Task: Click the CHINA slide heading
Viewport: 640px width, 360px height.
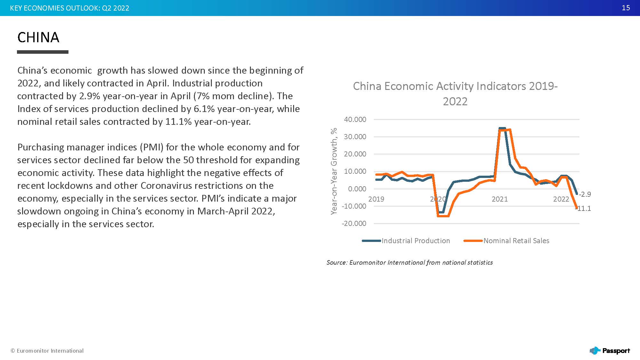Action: pos(38,37)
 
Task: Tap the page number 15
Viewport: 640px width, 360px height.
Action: pos(626,8)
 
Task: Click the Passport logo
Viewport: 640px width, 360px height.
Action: pos(610,351)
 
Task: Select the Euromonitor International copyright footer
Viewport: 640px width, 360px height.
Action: pos(47,351)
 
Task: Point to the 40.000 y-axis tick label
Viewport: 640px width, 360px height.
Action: pos(355,119)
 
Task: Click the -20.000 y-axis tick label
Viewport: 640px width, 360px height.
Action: pos(354,223)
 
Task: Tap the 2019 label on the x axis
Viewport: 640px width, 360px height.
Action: pos(376,199)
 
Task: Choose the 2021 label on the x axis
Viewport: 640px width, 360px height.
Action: pos(500,199)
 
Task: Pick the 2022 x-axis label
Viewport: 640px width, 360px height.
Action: pos(561,199)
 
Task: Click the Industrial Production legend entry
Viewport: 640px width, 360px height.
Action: pos(415,241)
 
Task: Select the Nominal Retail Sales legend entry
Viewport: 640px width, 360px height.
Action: pos(516,241)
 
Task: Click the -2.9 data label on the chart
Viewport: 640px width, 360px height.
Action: pos(585,194)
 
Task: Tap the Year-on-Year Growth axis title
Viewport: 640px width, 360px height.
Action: pos(334,171)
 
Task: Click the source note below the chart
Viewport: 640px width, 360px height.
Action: pos(409,262)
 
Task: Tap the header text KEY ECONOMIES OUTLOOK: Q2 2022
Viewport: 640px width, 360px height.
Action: pos(69,8)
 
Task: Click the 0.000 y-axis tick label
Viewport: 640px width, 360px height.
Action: pos(357,189)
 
